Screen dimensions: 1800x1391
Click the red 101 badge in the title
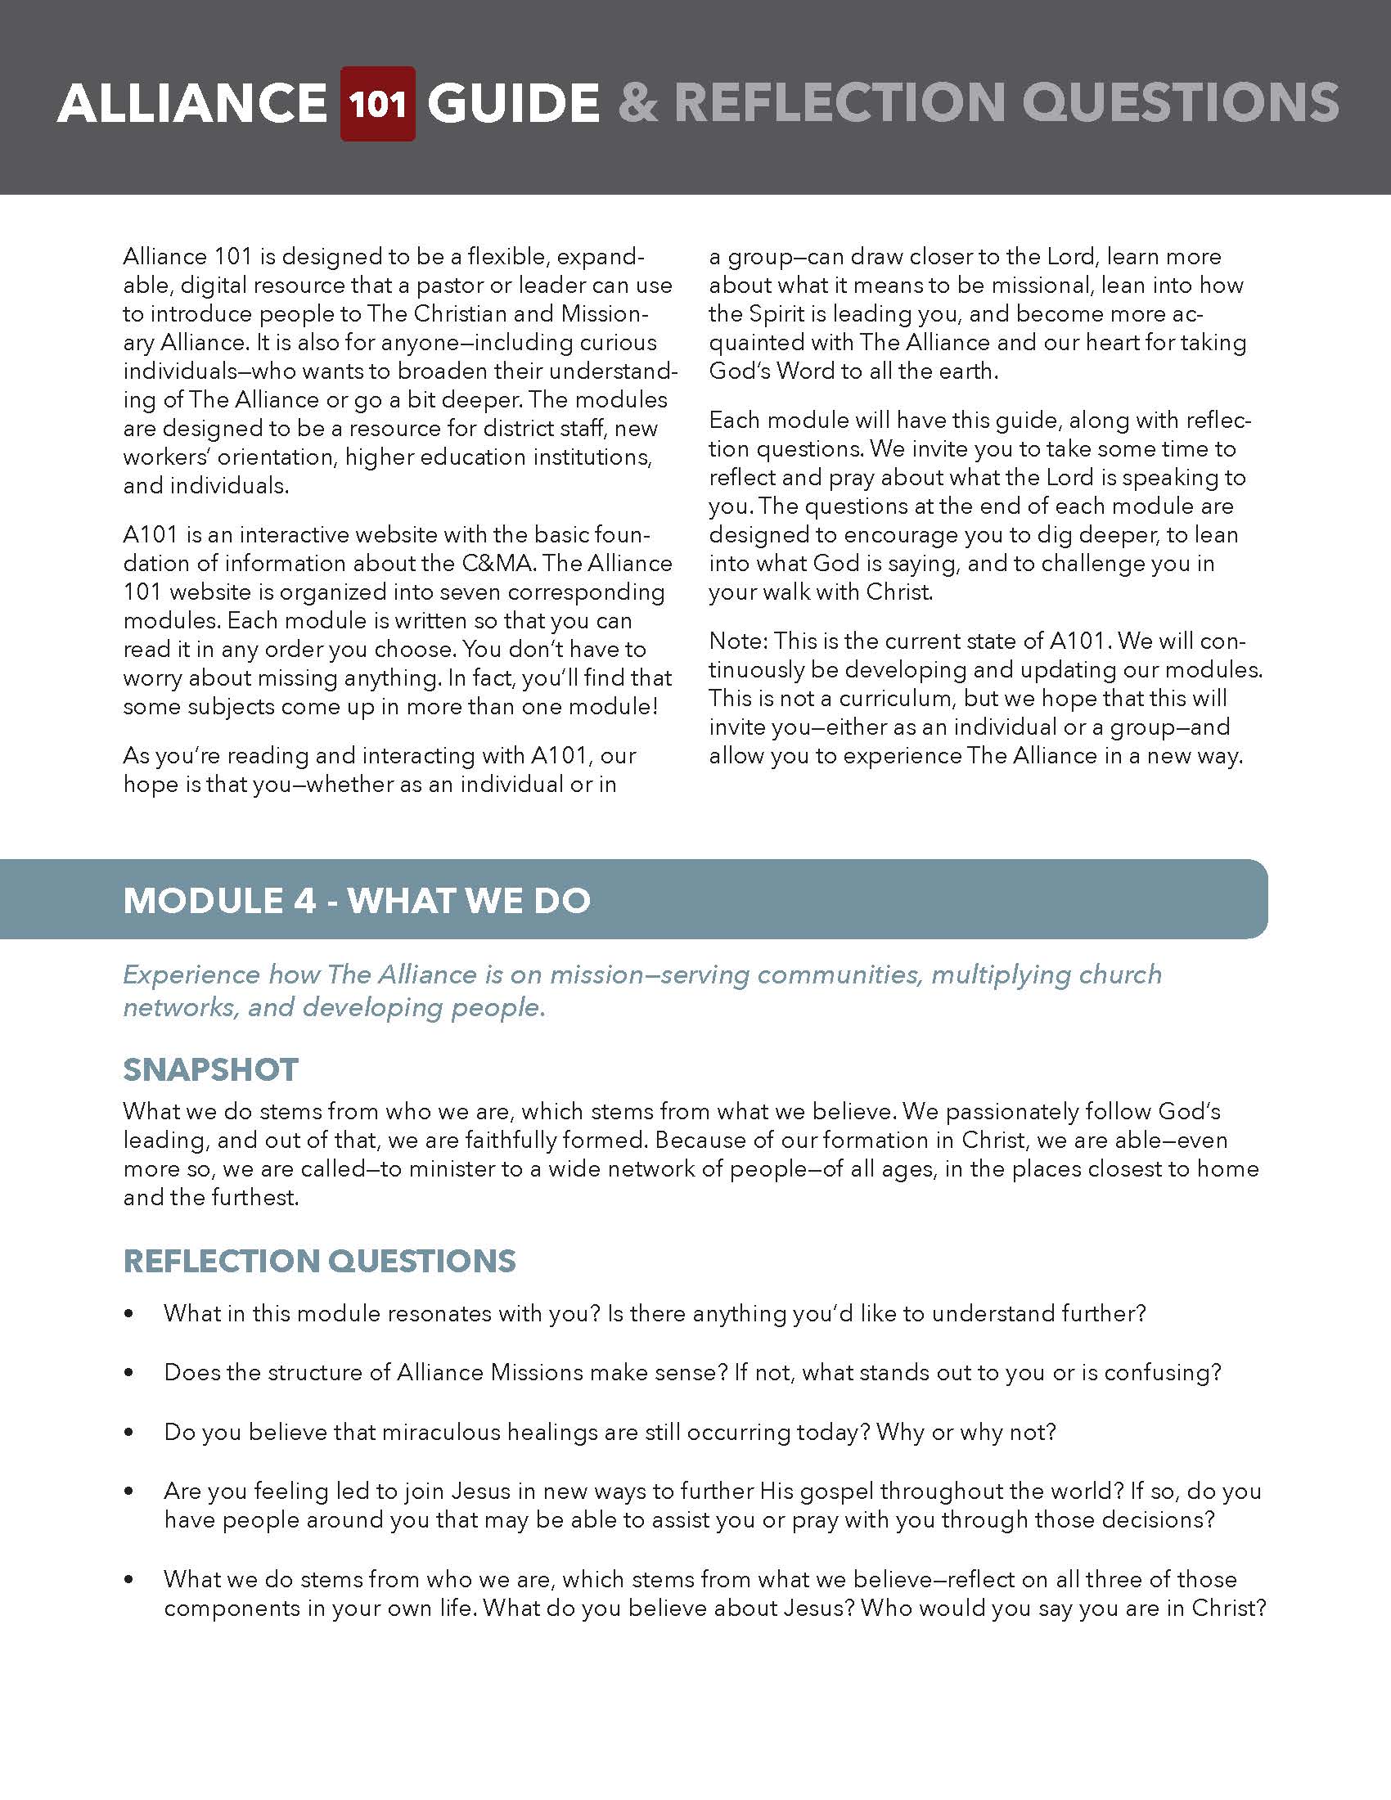pos(377,104)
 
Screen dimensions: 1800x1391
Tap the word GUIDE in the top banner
pos(512,104)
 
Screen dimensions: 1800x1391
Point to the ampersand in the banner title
pos(638,104)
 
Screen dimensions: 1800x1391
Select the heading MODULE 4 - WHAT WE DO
pos(356,900)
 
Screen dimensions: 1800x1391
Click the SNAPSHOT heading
pos(210,1070)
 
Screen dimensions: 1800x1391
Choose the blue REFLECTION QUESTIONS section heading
pos(319,1261)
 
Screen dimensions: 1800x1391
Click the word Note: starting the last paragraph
pos(737,641)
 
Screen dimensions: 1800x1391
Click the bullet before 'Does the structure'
pos(128,1373)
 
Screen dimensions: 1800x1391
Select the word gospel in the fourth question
pos(835,1491)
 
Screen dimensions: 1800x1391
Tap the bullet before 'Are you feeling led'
pos(128,1492)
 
